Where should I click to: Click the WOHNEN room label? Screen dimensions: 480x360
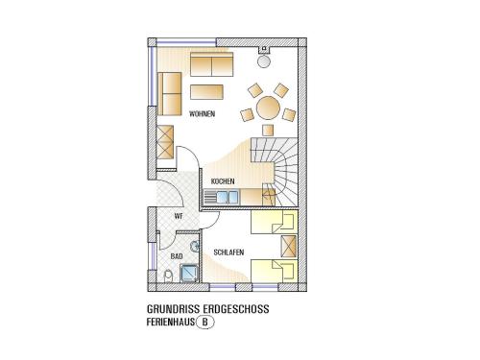(202, 114)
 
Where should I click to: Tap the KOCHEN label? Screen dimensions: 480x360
(223, 181)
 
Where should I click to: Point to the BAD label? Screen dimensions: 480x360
(177, 256)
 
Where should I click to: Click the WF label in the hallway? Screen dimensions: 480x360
(179, 216)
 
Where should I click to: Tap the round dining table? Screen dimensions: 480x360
(268, 108)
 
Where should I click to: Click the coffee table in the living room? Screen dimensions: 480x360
(206, 92)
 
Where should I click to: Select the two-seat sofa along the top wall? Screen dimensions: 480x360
(211, 64)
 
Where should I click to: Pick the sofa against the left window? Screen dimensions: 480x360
(170, 94)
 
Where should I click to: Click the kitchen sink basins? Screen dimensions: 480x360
(228, 197)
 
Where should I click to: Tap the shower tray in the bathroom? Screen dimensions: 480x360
(189, 273)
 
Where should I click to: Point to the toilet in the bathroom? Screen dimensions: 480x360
(168, 276)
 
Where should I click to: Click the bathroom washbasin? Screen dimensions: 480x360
(195, 247)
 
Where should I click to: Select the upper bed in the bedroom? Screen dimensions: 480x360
(275, 222)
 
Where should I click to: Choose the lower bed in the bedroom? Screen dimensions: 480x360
(275, 271)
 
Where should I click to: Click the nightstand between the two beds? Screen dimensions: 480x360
(288, 247)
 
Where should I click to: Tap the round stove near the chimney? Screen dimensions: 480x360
(264, 61)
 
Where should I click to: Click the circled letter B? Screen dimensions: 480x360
(204, 323)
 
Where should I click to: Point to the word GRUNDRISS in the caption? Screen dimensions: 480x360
(173, 309)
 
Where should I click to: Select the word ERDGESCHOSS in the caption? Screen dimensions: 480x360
(236, 309)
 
